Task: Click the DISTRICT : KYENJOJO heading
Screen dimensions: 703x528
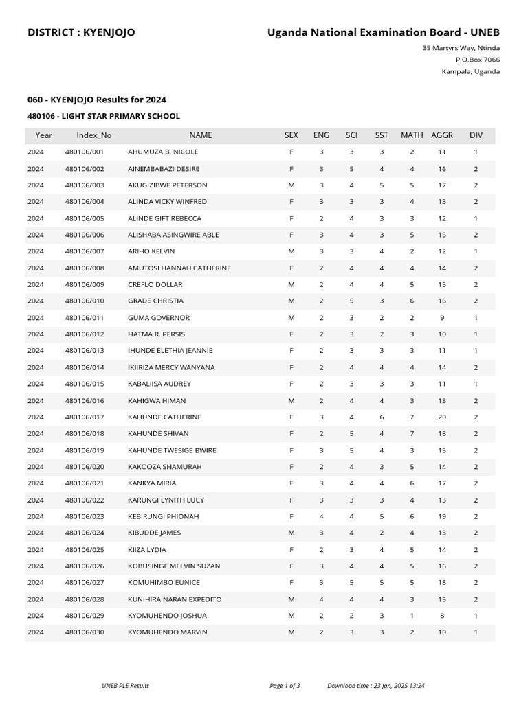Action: [81, 32]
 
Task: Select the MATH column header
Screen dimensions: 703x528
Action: [412, 135]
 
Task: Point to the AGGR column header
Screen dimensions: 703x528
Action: [442, 135]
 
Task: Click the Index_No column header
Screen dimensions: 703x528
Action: [93, 135]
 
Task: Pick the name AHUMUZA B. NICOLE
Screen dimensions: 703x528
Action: [163, 152]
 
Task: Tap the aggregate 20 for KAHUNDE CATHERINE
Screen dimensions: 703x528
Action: [442, 417]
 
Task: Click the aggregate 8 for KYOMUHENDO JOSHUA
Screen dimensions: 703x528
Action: [442, 616]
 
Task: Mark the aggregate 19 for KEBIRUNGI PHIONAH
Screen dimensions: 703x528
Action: [442, 516]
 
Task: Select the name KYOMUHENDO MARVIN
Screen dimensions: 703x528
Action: [167, 632]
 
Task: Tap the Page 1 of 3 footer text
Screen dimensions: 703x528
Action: [285, 685]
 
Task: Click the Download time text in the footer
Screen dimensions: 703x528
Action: [386, 685]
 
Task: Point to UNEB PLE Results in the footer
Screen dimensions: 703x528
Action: [125, 685]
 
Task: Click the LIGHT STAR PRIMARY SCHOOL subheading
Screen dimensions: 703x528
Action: [104, 117]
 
